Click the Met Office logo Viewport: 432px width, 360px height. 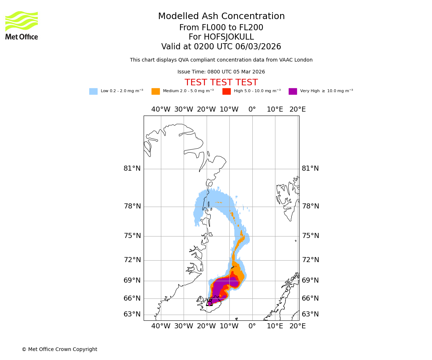22,25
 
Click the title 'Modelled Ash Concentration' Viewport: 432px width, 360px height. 221,16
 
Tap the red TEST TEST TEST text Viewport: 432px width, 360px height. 221,82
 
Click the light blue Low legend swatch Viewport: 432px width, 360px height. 93,91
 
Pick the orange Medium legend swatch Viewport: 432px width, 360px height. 156,91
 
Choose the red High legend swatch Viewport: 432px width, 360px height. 226,91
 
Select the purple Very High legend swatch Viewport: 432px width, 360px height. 293,91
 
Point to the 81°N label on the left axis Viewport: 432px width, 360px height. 132,168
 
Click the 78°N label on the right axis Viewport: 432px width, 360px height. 310,206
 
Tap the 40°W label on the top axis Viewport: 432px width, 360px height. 161,109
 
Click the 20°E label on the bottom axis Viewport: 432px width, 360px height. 298,326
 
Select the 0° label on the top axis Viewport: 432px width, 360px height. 252,109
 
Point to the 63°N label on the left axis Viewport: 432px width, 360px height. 132,314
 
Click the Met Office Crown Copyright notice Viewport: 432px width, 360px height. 59,349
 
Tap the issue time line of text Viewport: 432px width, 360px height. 221,72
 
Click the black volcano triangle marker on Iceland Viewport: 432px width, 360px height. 210,302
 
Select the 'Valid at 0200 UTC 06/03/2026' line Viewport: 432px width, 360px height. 221,46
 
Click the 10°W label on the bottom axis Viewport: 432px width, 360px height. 229,326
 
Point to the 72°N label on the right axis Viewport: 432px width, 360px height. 310,260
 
